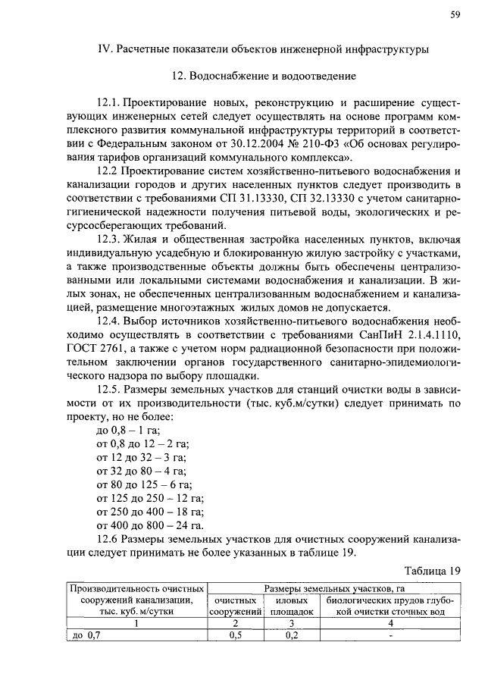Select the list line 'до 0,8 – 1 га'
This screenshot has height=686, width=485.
(124, 431)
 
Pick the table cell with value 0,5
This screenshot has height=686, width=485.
(236, 636)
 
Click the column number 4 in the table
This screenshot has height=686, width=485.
(390, 623)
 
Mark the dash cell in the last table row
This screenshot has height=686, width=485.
(390, 636)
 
